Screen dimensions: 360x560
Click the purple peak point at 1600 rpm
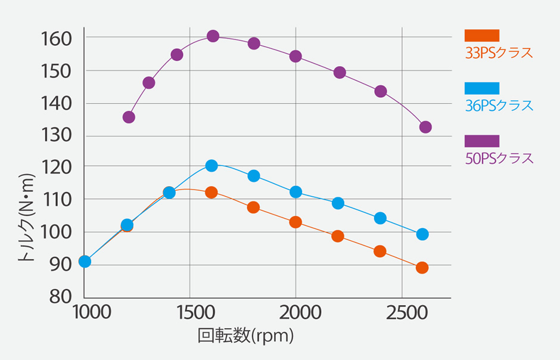(213, 36)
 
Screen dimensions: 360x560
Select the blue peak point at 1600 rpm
(211, 166)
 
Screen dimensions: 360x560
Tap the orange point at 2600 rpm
(422, 268)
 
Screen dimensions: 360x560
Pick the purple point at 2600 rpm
(425, 127)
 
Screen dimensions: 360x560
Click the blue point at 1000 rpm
(85, 262)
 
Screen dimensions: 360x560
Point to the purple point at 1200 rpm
(129, 117)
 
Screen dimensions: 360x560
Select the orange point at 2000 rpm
(295, 222)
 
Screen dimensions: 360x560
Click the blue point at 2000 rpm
(295, 192)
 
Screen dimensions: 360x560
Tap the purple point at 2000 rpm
(295, 57)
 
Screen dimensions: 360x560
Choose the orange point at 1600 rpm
(211, 193)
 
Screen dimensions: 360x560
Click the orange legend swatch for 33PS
(481, 35)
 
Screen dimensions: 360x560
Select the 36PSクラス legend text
(499, 106)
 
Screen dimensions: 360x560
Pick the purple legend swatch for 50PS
(481, 141)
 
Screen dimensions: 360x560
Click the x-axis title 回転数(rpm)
(246, 336)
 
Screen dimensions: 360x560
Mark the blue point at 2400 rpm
(380, 218)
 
